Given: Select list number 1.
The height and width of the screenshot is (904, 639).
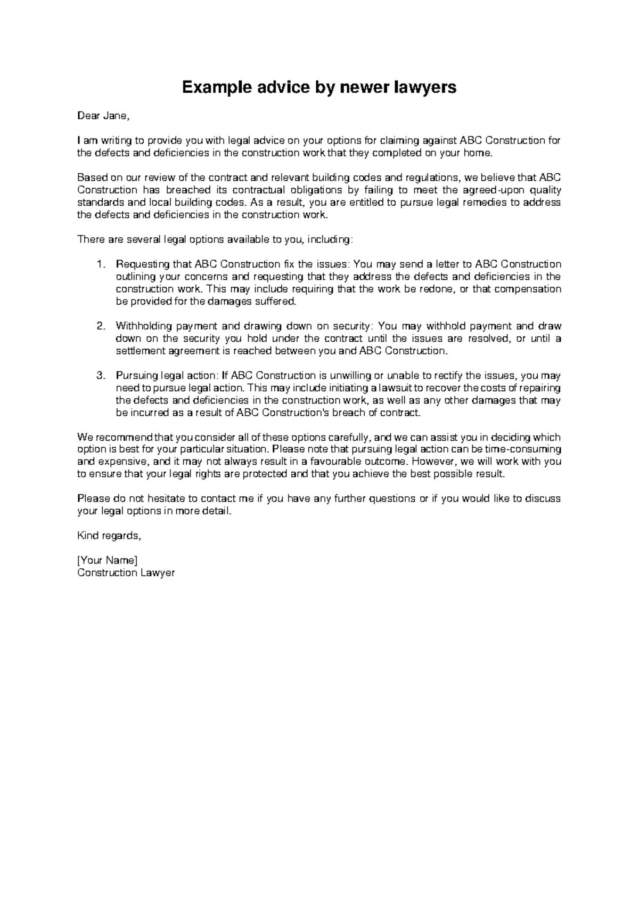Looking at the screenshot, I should pos(101,264).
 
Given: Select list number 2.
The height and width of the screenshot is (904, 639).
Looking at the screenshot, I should pos(101,326).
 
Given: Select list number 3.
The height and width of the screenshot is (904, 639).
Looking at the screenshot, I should pos(101,376).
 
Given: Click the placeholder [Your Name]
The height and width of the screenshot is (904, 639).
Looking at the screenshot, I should pos(107,560).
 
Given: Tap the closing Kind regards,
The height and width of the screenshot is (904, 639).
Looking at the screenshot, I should pos(109,536).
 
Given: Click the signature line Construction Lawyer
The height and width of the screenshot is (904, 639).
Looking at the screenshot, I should pos(126,573).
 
